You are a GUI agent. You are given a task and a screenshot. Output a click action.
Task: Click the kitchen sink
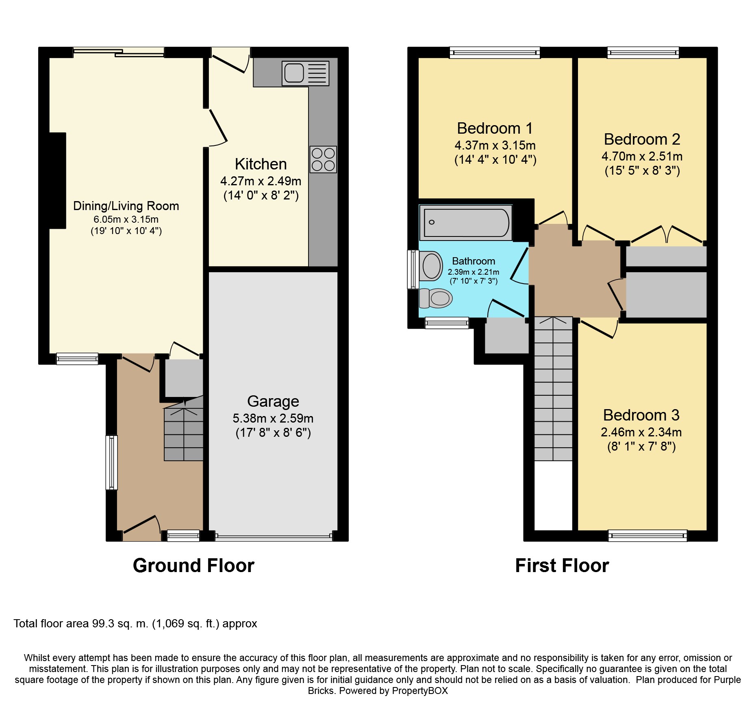[x=305, y=73]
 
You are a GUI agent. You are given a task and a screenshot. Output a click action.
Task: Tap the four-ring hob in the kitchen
[x=323, y=159]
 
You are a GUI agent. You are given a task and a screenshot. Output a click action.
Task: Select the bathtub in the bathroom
[x=466, y=222]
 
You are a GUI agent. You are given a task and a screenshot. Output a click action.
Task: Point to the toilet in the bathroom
[x=435, y=298]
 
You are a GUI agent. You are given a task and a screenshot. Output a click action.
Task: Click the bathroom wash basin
[x=431, y=266]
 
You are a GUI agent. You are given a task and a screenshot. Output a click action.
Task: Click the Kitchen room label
[x=261, y=164]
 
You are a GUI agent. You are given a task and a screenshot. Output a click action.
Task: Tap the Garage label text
[x=273, y=401]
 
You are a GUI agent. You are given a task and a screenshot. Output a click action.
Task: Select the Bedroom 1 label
[x=495, y=128]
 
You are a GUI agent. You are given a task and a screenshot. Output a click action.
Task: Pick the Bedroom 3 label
[x=641, y=415]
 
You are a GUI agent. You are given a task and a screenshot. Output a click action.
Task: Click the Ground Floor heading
[x=193, y=566]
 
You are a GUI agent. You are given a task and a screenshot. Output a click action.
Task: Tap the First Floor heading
[x=562, y=566]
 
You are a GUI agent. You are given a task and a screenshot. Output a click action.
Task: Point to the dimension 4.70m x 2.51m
[x=642, y=156]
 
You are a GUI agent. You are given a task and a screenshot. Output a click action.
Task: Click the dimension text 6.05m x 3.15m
[x=126, y=219]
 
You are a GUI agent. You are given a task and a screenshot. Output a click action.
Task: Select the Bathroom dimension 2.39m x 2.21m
[x=474, y=272]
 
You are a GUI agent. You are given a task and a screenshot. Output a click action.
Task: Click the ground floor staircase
[x=183, y=429]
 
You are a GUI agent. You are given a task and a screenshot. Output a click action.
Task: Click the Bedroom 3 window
[x=647, y=536]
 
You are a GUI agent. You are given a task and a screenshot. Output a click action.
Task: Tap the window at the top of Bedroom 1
[x=495, y=53]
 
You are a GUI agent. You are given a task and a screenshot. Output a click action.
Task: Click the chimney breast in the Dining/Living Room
[x=57, y=181]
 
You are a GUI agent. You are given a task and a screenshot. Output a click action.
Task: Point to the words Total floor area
[x=51, y=624]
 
